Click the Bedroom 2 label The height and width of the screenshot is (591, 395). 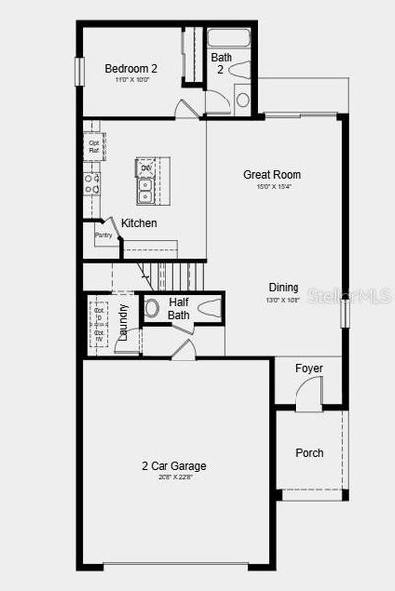[131, 68]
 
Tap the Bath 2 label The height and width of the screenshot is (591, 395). [223, 64]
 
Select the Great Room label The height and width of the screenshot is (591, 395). [273, 175]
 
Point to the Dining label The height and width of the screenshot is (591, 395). [283, 288]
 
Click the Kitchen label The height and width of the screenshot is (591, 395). [139, 224]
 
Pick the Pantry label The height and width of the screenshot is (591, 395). [103, 236]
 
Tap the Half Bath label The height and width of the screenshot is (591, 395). [179, 309]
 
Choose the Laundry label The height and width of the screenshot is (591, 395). [124, 321]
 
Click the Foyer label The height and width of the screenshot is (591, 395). [309, 369]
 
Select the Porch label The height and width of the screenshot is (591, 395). [310, 453]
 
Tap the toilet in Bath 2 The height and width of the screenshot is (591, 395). [242, 98]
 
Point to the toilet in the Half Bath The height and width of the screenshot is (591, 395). [152, 307]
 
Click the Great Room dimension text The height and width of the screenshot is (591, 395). [273, 187]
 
